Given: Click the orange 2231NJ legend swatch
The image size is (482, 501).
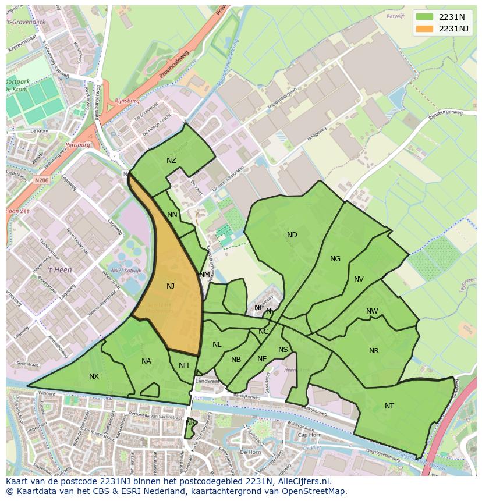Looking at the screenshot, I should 424,29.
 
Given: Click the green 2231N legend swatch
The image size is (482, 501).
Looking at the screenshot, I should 424,17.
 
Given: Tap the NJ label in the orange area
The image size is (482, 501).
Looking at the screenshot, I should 171,286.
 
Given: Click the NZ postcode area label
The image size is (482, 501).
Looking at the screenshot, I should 171,161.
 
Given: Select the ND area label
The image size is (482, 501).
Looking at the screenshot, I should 292,235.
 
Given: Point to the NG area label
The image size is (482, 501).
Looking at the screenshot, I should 335,259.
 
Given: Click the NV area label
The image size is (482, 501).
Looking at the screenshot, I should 359,279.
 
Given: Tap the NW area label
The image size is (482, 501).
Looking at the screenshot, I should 372,311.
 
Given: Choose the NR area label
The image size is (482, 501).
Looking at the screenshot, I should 374,351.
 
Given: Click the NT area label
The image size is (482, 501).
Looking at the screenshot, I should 389,406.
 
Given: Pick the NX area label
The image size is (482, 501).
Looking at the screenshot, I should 94,376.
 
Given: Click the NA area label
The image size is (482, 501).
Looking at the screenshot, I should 146,361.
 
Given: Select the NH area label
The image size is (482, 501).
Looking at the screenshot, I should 184,365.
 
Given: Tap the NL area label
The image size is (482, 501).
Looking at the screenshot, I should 217,344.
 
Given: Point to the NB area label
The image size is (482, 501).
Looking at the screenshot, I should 236,360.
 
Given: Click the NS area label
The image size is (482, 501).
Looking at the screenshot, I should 283,350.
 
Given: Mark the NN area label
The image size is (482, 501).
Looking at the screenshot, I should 172,215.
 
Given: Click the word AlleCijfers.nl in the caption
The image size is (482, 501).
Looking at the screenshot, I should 303,481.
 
